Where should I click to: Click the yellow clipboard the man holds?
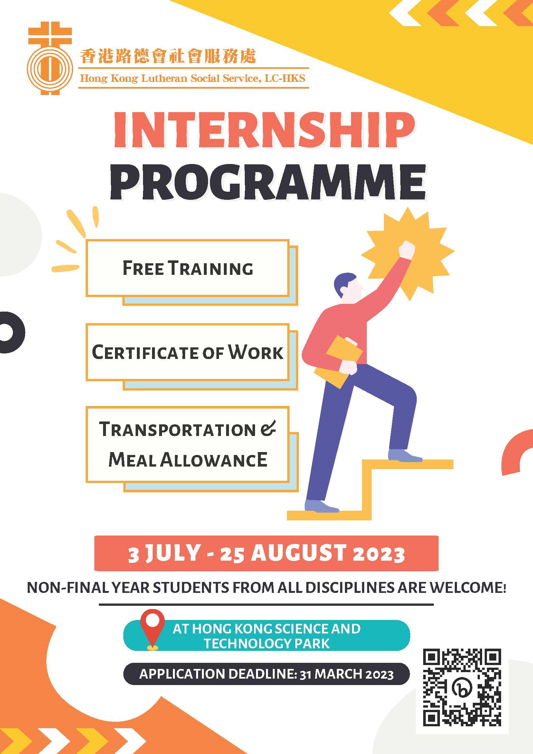[x=338, y=361]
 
